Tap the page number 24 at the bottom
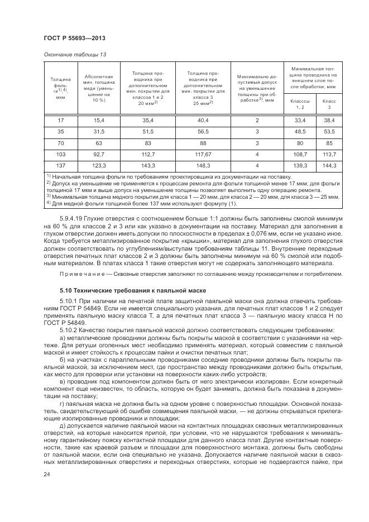click(x=47, y=475)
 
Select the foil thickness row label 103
click(x=61, y=154)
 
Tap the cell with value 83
click(x=148, y=143)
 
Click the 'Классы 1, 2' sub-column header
click(x=301, y=104)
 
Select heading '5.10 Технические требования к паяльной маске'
click(x=133, y=291)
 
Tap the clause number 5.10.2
click(x=70, y=329)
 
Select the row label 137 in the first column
click(x=61, y=166)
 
